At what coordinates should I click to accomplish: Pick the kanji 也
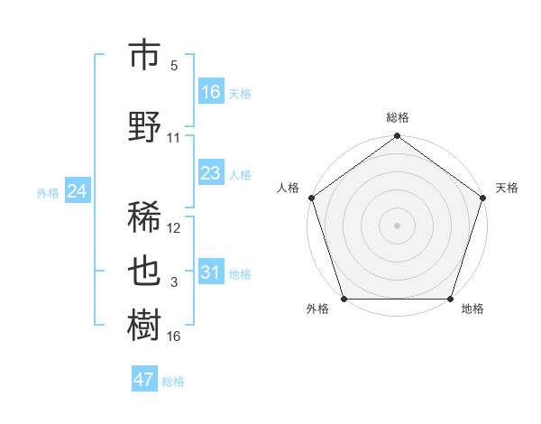click(145, 272)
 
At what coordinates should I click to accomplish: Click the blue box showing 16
click(211, 92)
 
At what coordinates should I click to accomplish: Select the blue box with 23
click(211, 173)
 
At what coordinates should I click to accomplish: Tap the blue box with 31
click(211, 272)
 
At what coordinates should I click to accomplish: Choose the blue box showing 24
click(78, 191)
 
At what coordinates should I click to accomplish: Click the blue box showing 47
click(144, 380)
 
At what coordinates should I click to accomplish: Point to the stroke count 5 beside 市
click(174, 66)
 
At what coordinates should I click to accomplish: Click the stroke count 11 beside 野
click(174, 138)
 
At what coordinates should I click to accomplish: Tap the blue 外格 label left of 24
click(48, 192)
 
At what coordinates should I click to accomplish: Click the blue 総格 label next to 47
click(173, 382)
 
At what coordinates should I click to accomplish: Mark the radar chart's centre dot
click(397, 225)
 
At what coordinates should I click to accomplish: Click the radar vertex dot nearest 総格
click(397, 136)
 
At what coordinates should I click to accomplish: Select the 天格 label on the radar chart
click(507, 188)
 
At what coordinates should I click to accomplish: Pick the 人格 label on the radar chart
click(288, 188)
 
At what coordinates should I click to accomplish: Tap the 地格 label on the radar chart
click(472, 309)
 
